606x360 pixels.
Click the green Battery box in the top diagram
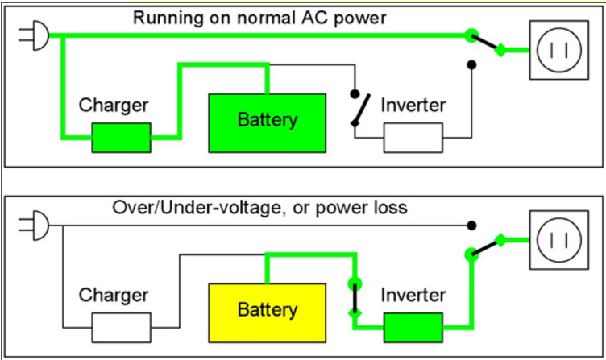click(x=267, y=123)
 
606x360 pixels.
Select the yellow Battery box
click(x=267, y=312)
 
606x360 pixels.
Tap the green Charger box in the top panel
click(x=122, y=138)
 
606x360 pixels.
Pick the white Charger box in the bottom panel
click(x=122, y=328)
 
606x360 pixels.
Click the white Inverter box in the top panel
click(x=413, y=138)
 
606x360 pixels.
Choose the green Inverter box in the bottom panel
click(x=413, y=328)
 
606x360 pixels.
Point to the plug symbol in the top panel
click(x=34, y=35)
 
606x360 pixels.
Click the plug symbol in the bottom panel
click(x=34, y=226)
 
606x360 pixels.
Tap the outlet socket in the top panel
click(x=559, y=50)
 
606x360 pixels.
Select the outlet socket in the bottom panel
click(x=559, y=240)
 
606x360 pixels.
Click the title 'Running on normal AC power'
click(x=259, y=18)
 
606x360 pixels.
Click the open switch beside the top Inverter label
click(x=359, y=110)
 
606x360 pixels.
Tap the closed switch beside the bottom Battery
click(x=355, y=299)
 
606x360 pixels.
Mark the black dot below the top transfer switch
click(x=471, y=65)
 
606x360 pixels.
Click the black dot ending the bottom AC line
click(x=471, y=226)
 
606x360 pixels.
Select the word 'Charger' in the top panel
click(x=114, y=105)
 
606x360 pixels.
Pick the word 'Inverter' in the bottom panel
click(x=413, y=295)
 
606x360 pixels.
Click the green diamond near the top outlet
click(x=500, y=50)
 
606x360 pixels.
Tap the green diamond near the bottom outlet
click(x=500, y=240)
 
